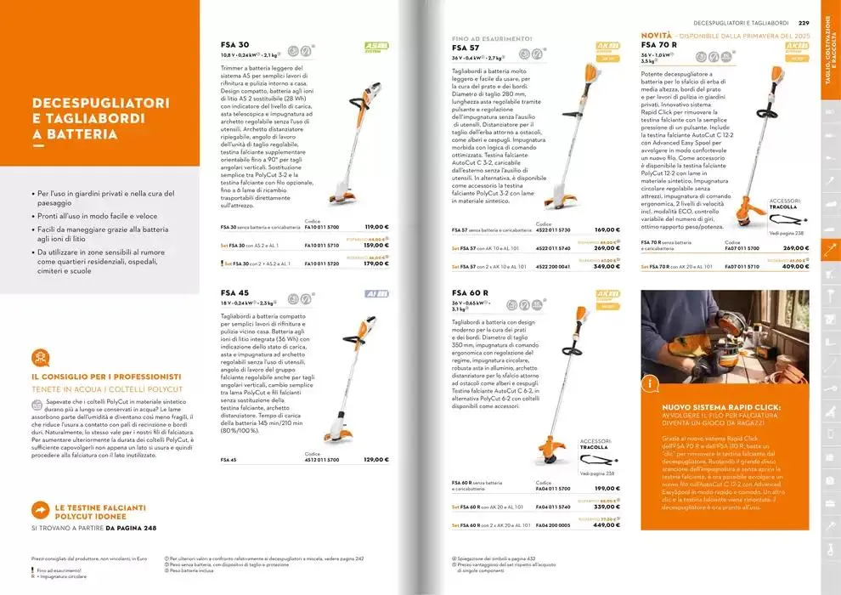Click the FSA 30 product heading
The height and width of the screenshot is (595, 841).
pos(235,44)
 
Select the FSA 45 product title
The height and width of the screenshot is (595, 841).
pos(235,292)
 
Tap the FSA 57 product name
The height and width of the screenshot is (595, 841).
pos(466,48)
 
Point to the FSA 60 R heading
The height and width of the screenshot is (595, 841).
pos(471,292)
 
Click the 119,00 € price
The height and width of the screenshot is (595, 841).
pos(376,228)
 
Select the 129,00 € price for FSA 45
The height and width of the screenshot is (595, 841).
pos(376,460)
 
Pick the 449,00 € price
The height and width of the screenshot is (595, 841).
pos(607,524)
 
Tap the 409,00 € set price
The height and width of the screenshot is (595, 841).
pos(796,267)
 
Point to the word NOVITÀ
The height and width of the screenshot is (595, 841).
pos(656,35)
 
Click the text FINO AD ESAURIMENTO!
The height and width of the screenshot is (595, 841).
pos(492,38)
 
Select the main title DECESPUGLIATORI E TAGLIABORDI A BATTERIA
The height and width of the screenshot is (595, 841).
pos(100,118)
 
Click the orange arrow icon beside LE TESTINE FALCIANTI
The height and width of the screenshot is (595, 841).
pos(40,509)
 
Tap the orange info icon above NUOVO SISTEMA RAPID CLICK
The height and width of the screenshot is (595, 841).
pos(651,384)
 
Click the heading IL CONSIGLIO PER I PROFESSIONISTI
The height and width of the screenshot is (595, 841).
pos(106,377)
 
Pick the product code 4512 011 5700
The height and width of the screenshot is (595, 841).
pos(322,460)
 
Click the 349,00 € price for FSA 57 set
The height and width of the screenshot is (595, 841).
pos(607,267)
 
